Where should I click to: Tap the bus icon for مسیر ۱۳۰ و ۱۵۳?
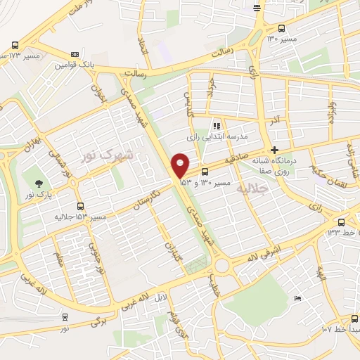205,172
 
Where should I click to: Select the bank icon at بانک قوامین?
74,55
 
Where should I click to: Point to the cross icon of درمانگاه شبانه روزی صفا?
274,150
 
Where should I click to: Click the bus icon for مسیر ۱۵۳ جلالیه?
80,207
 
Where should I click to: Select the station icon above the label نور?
65,317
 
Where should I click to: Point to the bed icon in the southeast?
297,300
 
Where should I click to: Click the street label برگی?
97,321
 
